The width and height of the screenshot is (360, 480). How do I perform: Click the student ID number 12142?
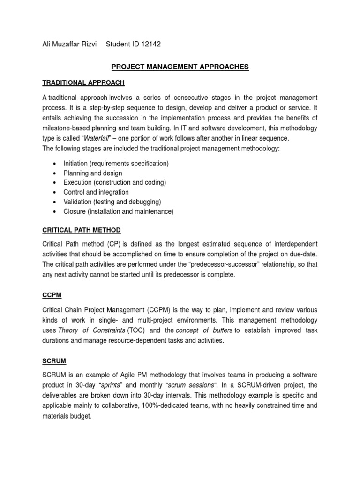pyautogui.click(x=151, y=44)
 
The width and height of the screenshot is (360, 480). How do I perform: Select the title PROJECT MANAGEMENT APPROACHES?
pyautogui.click(x=180, y=67)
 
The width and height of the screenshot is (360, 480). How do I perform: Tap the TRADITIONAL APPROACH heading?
pyautogui.click(x=83, y=82)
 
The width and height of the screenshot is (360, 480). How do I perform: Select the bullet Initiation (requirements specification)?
pyautogui.click(x=116, y=164)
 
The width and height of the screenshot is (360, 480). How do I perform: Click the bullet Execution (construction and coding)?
pyautogui.click(x=115, y=182)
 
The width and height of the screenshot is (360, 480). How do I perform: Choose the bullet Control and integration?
pyautogui.click(x=96, y=192)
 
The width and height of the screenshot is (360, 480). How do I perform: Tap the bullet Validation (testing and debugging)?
pyautogui.click(x=112, y=202)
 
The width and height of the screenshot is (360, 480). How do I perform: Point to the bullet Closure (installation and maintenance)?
pyautogui.click(x=118, y=211)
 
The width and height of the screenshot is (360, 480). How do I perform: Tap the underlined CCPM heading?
pyautogui.click(x=52, y=296)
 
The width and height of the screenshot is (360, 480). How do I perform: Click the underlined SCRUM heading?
pyautogui.click(x=54, y=361)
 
